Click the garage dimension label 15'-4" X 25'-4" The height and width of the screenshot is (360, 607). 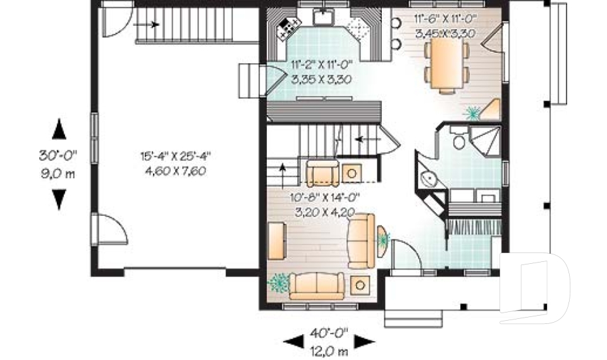click(175, 156)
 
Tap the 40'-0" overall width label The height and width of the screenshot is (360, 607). click(329, 333)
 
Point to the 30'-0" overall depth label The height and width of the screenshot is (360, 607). click(58, 156)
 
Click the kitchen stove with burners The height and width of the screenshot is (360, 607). click(288, 28)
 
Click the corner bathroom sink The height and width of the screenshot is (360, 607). click(428, 178)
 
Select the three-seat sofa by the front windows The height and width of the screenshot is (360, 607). click(317, 286)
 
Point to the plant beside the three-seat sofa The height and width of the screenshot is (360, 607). click(279, 283)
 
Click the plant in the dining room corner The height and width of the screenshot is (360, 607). click(472, 113)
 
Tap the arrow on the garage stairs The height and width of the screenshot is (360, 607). click(146, 25)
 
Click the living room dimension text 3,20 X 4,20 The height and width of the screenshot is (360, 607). click(325, 213)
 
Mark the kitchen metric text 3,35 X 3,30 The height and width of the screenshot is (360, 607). click(321, 80)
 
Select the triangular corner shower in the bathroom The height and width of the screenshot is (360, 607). click(485, 140)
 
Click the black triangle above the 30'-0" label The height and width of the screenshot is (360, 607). click(59, 129)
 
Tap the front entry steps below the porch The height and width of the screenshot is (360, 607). click(414, 318)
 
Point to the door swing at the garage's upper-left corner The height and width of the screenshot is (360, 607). click(117, 22)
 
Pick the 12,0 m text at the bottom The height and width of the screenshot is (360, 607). click(329, 351)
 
